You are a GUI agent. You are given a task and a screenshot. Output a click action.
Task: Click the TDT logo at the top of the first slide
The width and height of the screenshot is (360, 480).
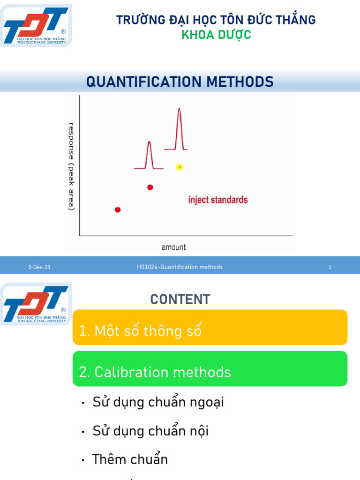[x=36, y=26]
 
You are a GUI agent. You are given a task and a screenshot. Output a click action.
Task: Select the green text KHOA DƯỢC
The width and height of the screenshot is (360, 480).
[x=216, y=35]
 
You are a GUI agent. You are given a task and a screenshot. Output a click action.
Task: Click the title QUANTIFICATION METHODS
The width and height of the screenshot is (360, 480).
[x=180, y=82]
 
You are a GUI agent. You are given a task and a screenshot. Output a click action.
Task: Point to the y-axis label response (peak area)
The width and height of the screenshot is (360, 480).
[x=71, y=166]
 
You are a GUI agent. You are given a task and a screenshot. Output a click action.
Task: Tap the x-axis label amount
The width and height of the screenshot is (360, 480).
[x=173, y=247]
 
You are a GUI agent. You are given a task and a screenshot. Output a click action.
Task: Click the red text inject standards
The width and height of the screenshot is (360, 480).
[x=218, y=200]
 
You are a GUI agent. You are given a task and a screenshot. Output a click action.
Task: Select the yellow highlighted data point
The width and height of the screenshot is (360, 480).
[x=179, y=167]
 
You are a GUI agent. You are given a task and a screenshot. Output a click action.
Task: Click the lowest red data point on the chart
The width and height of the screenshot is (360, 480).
[x=118, y=210]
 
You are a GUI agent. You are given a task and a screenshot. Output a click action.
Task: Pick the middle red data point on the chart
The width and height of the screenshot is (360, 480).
[x=150, y=187]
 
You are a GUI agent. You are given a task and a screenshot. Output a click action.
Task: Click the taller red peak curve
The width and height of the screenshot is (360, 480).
[x=179, y=129]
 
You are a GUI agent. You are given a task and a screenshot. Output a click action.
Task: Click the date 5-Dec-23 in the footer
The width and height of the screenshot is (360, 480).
[x=39, y=267]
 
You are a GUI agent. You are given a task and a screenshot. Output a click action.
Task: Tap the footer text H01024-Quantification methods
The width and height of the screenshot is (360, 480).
[x=180, y=267]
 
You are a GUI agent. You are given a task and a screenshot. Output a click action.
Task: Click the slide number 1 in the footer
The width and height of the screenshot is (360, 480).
[x=330, y=267]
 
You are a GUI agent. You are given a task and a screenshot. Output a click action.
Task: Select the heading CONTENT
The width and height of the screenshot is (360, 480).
[x=180, y=300]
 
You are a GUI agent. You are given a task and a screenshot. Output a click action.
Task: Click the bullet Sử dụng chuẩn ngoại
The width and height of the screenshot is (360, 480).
[x=157, y=402]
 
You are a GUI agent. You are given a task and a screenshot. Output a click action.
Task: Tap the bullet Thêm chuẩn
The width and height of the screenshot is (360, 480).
[x=130, y=459]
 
